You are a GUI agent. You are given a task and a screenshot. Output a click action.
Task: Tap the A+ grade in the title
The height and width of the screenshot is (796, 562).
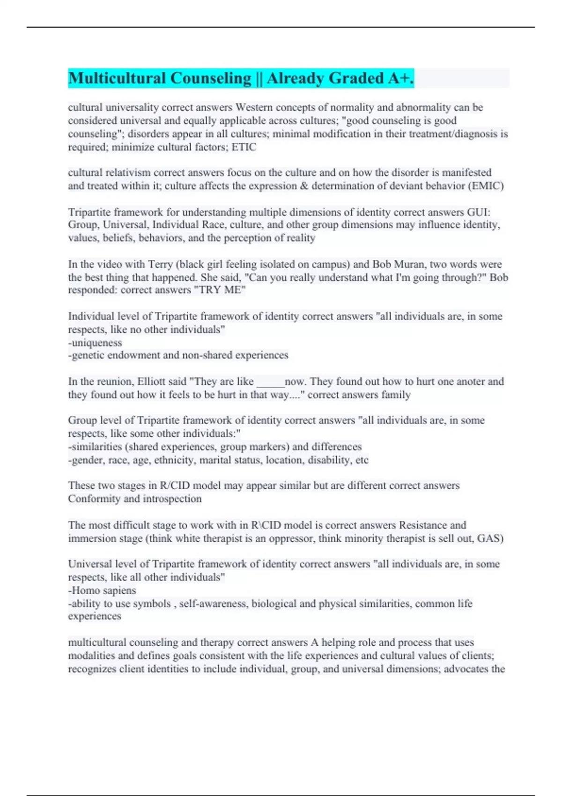point(399,78)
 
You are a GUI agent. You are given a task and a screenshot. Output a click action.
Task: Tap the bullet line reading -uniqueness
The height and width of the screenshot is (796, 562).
point(95,343)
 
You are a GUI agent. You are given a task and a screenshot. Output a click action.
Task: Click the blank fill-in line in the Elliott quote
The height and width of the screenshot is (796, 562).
point(270,382)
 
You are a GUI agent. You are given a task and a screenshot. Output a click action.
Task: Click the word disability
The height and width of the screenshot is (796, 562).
point(329,460)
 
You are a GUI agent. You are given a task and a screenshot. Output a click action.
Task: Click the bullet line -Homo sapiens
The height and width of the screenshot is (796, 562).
point(102,590)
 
